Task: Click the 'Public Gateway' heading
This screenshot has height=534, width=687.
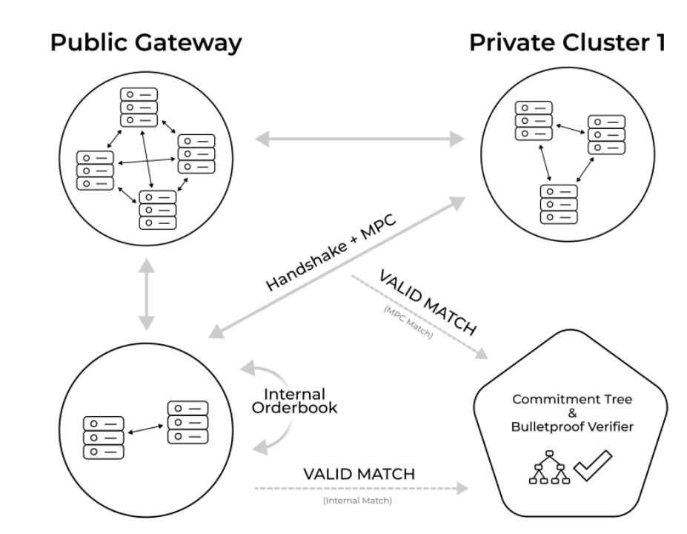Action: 145,42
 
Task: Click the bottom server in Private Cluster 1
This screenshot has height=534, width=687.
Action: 559,202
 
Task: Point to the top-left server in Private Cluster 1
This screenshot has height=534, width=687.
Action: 534,120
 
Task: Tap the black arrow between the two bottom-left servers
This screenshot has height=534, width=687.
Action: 147,429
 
